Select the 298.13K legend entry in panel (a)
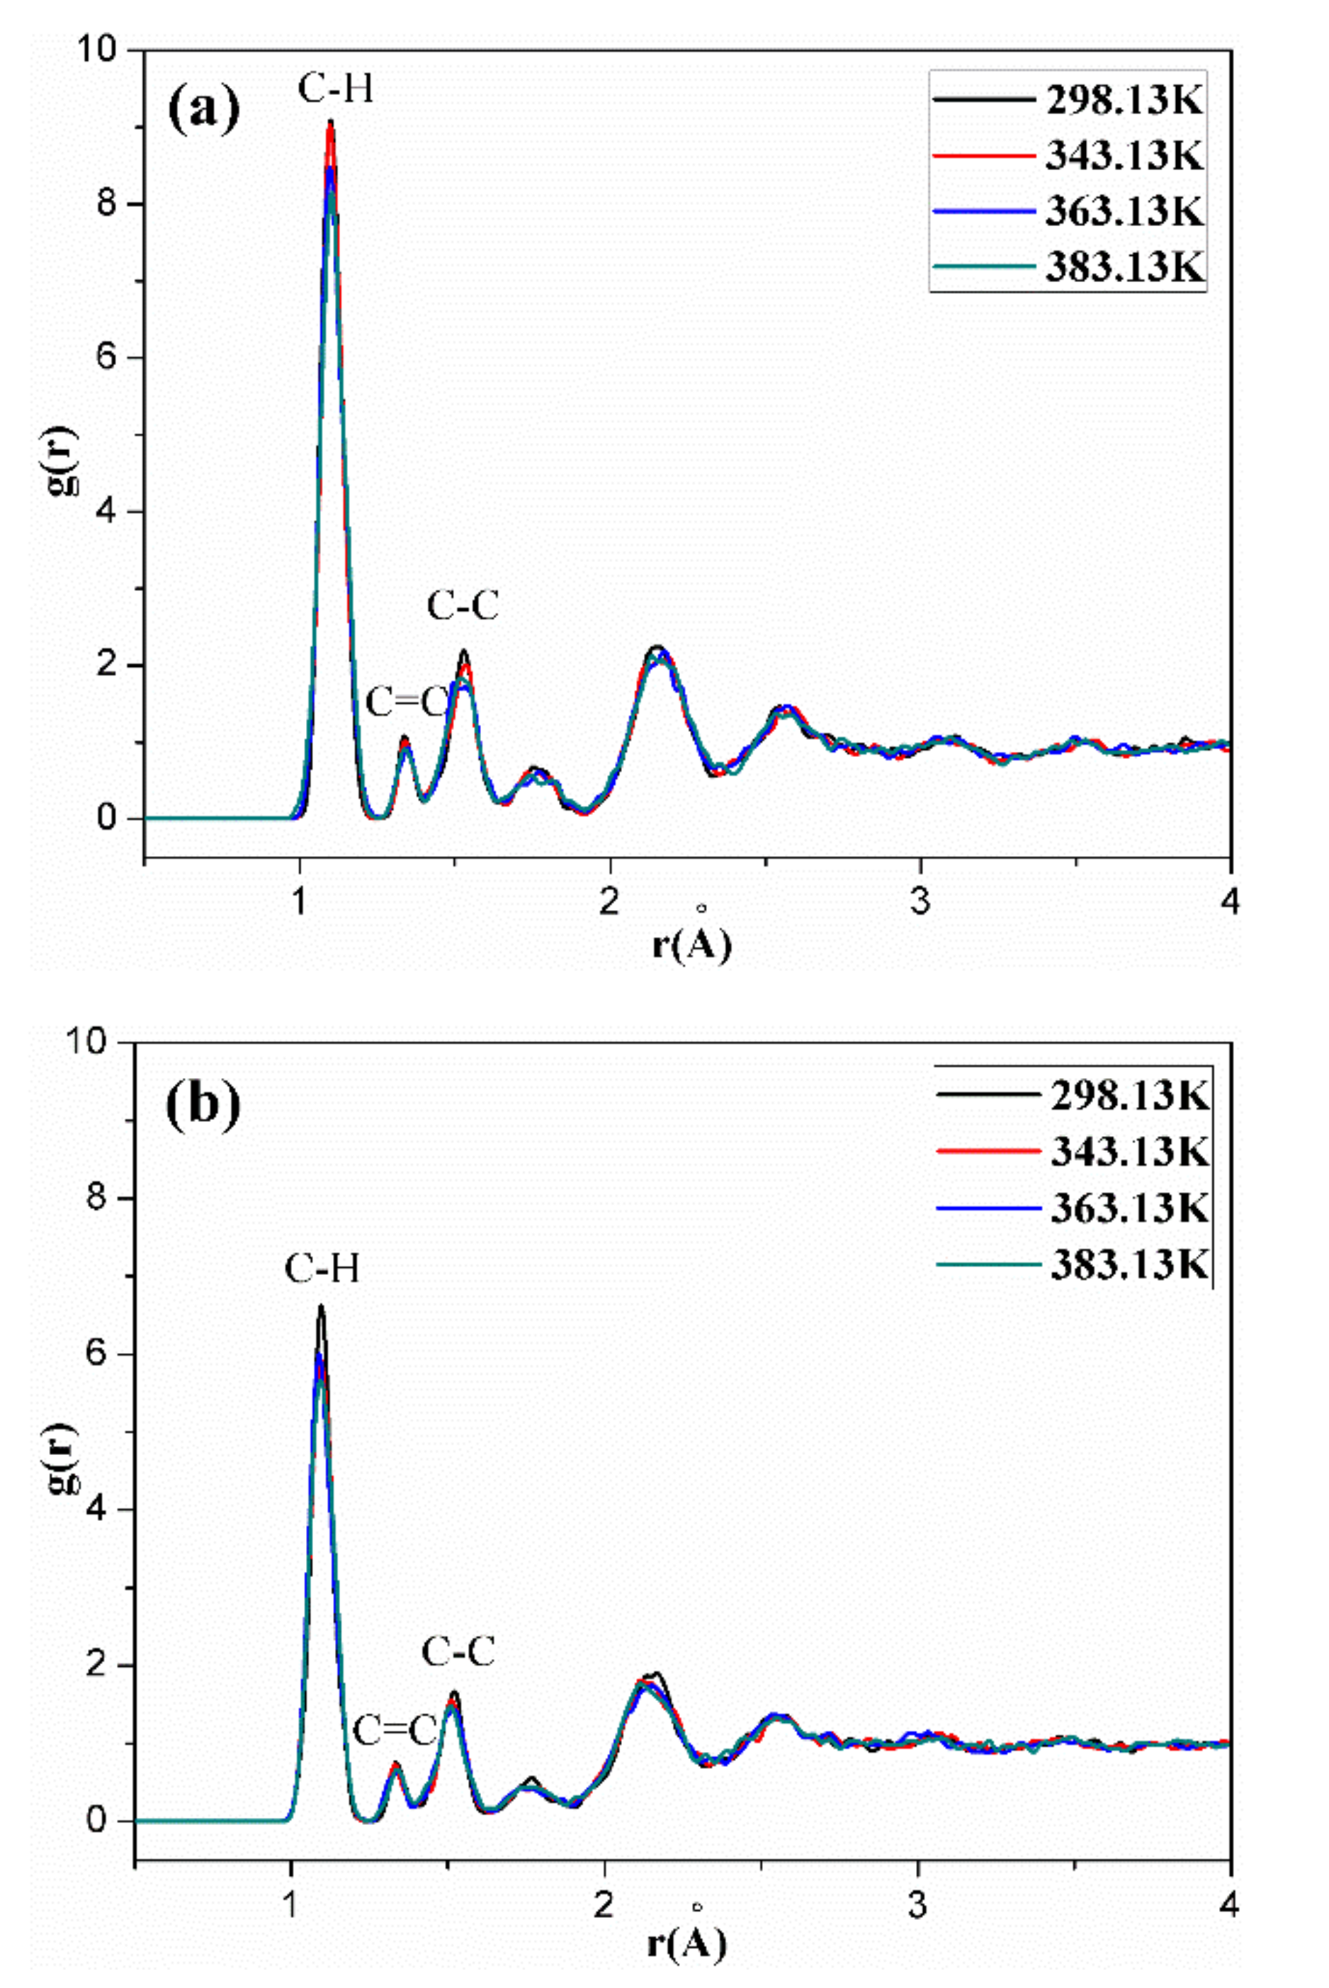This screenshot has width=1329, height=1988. pos(1124,101)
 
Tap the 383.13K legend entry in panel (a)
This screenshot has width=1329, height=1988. pos(1124,266)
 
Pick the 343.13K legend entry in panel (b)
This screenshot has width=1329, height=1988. pos(1129,1150)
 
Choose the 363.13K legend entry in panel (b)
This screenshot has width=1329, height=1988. pos(1129,1207)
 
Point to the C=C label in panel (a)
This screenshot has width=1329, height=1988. pos(406,702)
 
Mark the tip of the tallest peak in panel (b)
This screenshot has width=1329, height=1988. pos(320,1306)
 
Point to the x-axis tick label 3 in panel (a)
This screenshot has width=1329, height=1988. pos(920,902)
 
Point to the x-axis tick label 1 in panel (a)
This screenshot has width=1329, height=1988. pos(298,902)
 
